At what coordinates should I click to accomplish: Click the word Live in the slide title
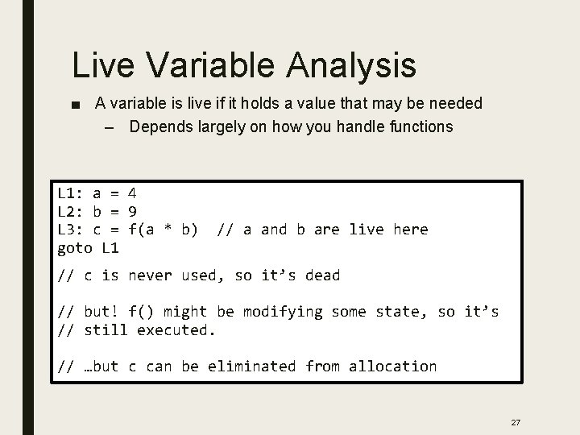[101, 65]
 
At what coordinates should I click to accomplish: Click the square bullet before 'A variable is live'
[77, 104]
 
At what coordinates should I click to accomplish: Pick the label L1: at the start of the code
[71, 193]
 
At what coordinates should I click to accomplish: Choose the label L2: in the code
[71, 211]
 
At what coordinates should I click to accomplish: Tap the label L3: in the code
[71, 230]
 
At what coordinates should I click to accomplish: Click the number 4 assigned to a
[133, 193]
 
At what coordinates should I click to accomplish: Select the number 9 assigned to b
[133, 211]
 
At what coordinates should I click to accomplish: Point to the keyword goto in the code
[76, 247]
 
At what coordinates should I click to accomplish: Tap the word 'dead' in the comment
[321, 275]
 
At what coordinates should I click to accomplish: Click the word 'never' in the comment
[151, 275]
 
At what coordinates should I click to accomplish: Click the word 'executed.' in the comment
[177, 329]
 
